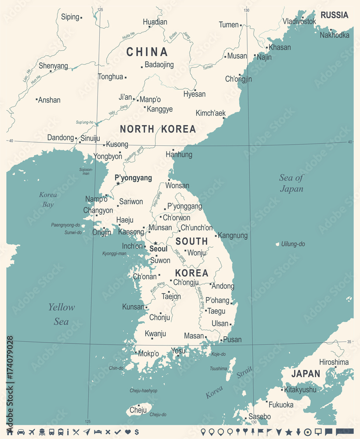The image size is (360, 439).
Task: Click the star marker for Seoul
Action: tap(155, 243)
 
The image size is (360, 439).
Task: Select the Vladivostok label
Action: tap(299, 21)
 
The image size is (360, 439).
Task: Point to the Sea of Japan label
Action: tap(292, 183)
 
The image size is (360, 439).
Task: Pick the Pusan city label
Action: tap(232, 339)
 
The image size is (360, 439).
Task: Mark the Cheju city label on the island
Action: tap(138, 410)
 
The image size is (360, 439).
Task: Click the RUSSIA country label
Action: tap(335, 15)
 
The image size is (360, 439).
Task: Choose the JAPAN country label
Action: tap(306, 374)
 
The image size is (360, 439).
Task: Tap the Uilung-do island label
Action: tap(293, 244)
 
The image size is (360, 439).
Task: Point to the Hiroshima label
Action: tap(334, 362)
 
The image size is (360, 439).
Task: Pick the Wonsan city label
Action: tap(177, 186)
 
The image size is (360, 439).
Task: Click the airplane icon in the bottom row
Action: tap(32, 432)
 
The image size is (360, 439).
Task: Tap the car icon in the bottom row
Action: tap(21, 432)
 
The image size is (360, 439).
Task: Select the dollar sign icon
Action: tap(137, 432)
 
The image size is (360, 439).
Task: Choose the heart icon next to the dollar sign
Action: tap(128, 432)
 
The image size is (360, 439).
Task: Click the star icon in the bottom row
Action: tap(289, 432)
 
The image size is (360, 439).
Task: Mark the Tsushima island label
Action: tap(219, 368)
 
